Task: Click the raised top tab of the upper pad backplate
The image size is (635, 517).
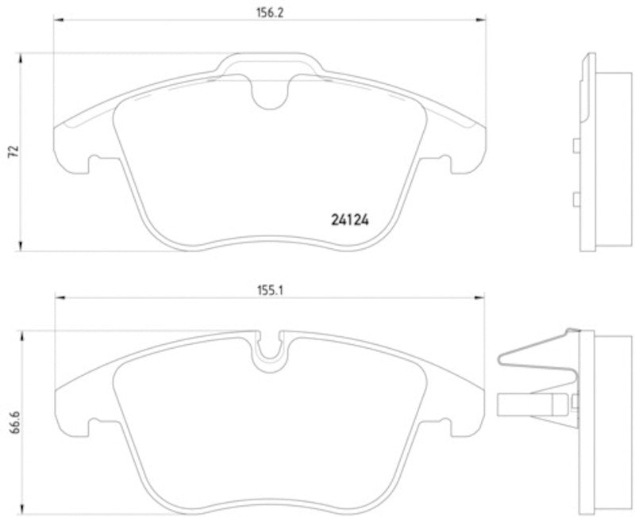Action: (x=268, y=60)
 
